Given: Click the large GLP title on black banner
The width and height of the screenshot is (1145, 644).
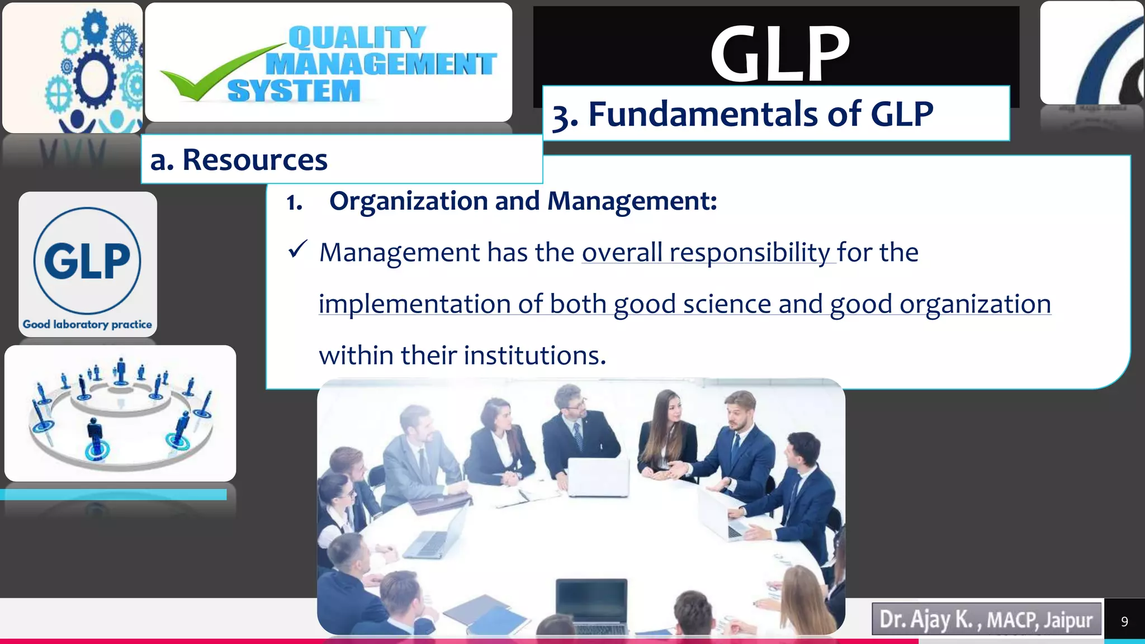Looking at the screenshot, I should (779, 54).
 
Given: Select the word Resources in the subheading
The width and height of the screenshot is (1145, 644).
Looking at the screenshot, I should (254, 160).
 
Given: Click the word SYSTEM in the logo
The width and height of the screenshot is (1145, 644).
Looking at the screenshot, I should (294, 91).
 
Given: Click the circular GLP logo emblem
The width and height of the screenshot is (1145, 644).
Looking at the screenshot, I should (87, 261).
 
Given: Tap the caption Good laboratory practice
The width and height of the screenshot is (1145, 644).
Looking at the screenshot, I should (87, 324).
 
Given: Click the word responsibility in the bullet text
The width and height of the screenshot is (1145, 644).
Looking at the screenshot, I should (749, 253).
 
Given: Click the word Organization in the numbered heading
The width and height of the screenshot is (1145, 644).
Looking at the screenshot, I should (408, 201).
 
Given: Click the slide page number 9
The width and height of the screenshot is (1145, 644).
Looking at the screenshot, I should (1124, 622).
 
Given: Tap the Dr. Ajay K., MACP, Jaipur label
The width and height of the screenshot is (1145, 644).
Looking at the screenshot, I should (986, 619).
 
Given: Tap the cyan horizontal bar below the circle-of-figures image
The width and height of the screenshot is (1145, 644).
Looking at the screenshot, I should (113, 494).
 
